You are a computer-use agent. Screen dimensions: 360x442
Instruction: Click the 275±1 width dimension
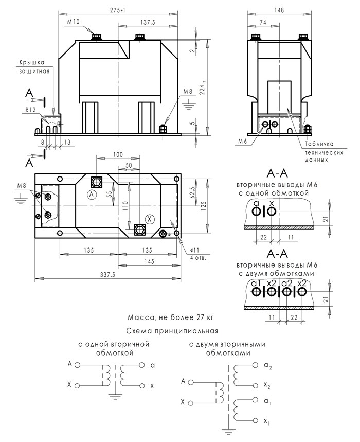pos(118,10)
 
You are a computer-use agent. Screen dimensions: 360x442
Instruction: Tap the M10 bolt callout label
pos(74,22)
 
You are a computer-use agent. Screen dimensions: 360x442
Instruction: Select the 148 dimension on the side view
pos(279,10)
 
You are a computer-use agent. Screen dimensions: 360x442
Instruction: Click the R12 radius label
pos(31,110)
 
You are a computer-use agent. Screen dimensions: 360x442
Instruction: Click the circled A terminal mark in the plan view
pos(91,194)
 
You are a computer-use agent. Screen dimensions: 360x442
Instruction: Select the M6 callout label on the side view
pos(243,141)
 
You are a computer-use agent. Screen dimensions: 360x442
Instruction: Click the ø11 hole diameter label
pos(194,250)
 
